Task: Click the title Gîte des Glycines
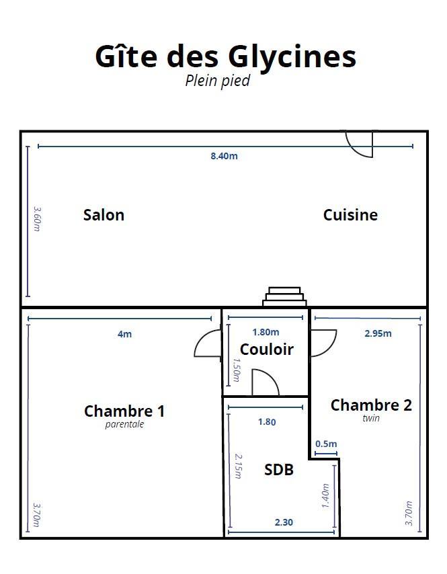coord(225,57)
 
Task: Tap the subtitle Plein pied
coord(218,81)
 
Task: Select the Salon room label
coord(104,215)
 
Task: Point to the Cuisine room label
coord(350,215)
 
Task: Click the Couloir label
coord(266,350)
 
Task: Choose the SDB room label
coord(279,470)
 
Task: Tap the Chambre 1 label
coord(124,411)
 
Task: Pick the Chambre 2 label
coord(371,405)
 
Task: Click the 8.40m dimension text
coord(224,156)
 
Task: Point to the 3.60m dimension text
coord(38,219)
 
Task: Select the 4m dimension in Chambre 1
coord(125,334)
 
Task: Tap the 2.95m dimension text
coord(378,333)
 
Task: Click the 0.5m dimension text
coord(326,444)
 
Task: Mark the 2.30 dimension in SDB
coord(284,522)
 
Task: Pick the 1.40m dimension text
coord(325,495)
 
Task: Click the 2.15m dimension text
coord(238,466)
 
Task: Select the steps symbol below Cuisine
coord(284,296)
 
